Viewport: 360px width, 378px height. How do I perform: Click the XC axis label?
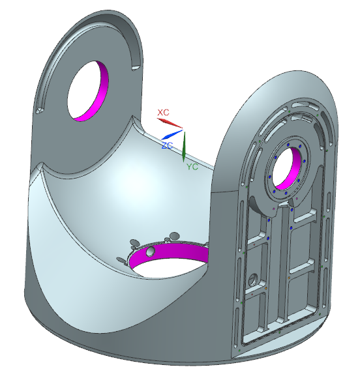pos(163,112)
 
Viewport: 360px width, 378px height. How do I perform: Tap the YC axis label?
pos(192,167)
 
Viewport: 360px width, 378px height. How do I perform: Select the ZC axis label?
pos(167,145)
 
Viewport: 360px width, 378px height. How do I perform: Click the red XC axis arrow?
pos(170,123)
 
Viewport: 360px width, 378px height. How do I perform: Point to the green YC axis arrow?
pos(184,147)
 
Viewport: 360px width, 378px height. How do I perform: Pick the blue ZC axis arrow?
pos(172,134)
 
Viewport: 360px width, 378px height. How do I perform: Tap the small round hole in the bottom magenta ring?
pos(151,252)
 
